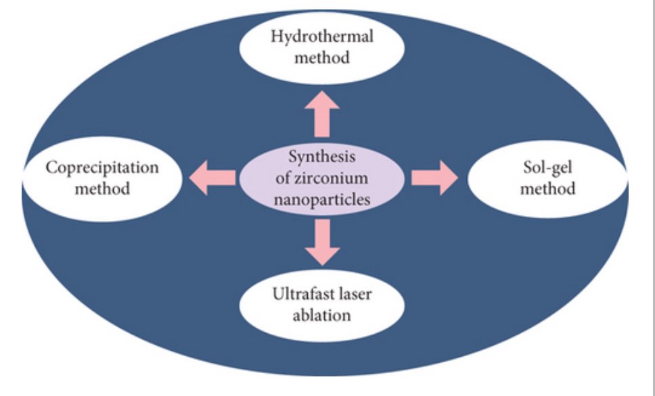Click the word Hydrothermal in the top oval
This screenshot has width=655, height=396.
(322, 36)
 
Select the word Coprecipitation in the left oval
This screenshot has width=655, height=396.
(102, 167)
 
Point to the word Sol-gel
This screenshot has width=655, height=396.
(547, 167)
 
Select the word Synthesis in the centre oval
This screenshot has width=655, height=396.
(322, 158)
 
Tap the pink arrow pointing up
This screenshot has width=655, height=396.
(322, 113)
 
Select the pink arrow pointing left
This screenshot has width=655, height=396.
(212, 178)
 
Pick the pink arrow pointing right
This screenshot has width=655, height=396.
(434, 178)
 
